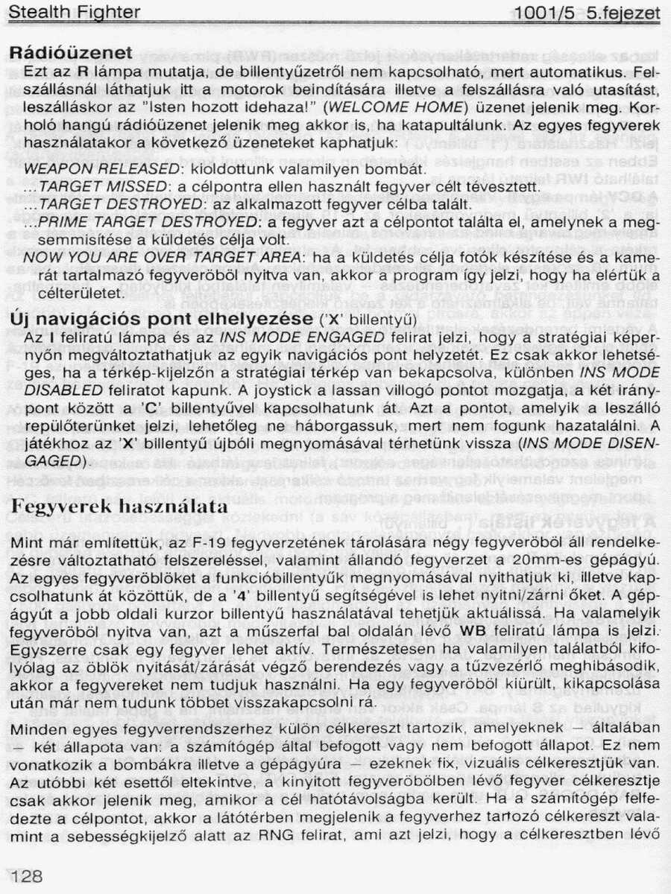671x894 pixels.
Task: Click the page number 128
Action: (27, 876)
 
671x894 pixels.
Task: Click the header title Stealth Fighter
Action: (74, 12)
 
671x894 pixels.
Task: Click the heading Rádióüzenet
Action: (71, 53)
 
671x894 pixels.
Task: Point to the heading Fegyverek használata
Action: (119, 506)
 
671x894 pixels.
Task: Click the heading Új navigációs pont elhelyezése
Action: (160, 320)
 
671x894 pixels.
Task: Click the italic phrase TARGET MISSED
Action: (107, 186)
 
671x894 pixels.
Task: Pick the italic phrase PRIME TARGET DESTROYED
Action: (147, 222)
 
